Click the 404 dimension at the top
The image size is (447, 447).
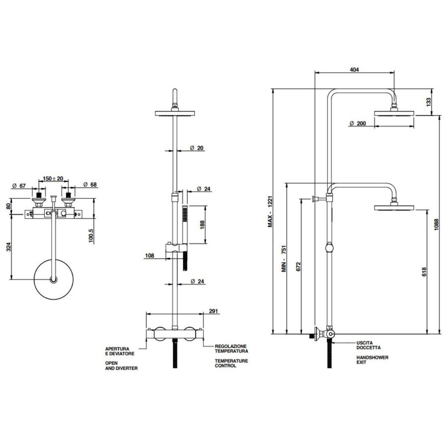tap(354, 70)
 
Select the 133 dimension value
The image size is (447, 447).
tap(429, 102)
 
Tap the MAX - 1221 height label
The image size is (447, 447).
tap(271, 212)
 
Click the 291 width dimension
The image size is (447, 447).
tap(214, 312)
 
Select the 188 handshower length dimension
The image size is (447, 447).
tap(202, 224)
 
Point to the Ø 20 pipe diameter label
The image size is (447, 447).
tap(198, 148)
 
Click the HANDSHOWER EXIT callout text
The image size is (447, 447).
tap(372, 360)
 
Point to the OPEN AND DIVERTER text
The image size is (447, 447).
tap(121, 366)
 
